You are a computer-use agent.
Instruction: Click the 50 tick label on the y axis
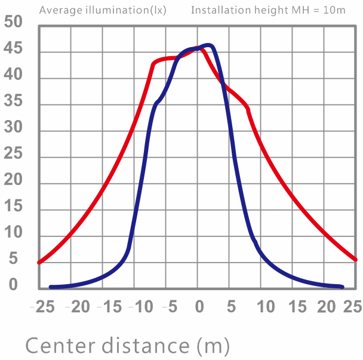click(x=13, y=21)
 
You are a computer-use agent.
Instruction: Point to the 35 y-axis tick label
click(x=13, y=100)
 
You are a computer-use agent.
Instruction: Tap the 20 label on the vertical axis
click(x=13, y=180)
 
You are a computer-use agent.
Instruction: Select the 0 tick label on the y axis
click(x=13, y=285)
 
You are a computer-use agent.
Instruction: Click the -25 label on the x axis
click(x=42, y=306)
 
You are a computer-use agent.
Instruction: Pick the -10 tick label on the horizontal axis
click(x=141, y=306)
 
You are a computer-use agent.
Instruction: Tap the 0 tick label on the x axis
click(x=199, y=306)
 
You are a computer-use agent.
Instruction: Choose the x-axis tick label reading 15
click(x=297, y=306)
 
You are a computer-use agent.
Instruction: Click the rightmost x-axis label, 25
click(x=353, y=306)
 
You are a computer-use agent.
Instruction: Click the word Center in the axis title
click(x=60, y=346)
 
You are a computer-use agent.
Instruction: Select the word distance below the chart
click(x=146, y=346)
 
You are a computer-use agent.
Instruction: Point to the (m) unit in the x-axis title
click(x=213, y=346)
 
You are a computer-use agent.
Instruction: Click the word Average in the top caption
click(x=61, y=10)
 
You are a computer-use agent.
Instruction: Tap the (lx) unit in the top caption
click(x=158, y=10)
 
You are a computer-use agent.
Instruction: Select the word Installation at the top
click(x=221, y=10)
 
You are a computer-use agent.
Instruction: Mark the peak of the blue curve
click(x=208, y=45)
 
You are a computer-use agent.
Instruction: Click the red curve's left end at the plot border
click(x=39, y=263)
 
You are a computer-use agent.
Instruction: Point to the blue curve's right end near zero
click(x=342, y=287)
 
